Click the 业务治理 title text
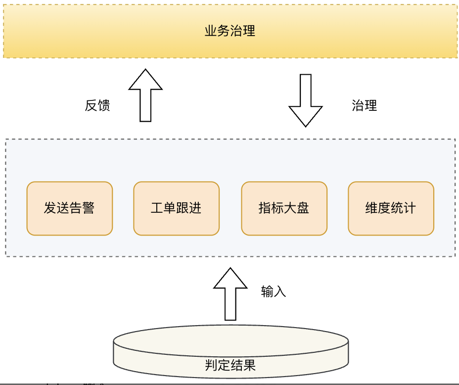coord(230,31)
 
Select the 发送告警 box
coord(69,208)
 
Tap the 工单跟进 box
coord(176,208)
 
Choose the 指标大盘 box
coord(284,208)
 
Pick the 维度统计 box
coord(391,208)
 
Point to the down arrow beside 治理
coord(306,99)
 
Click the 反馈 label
coord(97,105)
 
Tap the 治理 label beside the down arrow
coord(365,105)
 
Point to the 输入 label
coord(274,291)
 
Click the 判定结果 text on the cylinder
coord(230,366)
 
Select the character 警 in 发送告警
coord(88,208)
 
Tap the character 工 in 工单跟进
coord(157,208)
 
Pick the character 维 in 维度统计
coord(371,208)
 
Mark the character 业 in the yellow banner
coord(211,31)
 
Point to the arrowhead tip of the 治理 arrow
coord(306,126)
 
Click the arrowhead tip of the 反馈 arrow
coord(145,70)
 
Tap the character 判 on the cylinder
coord(211,366)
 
